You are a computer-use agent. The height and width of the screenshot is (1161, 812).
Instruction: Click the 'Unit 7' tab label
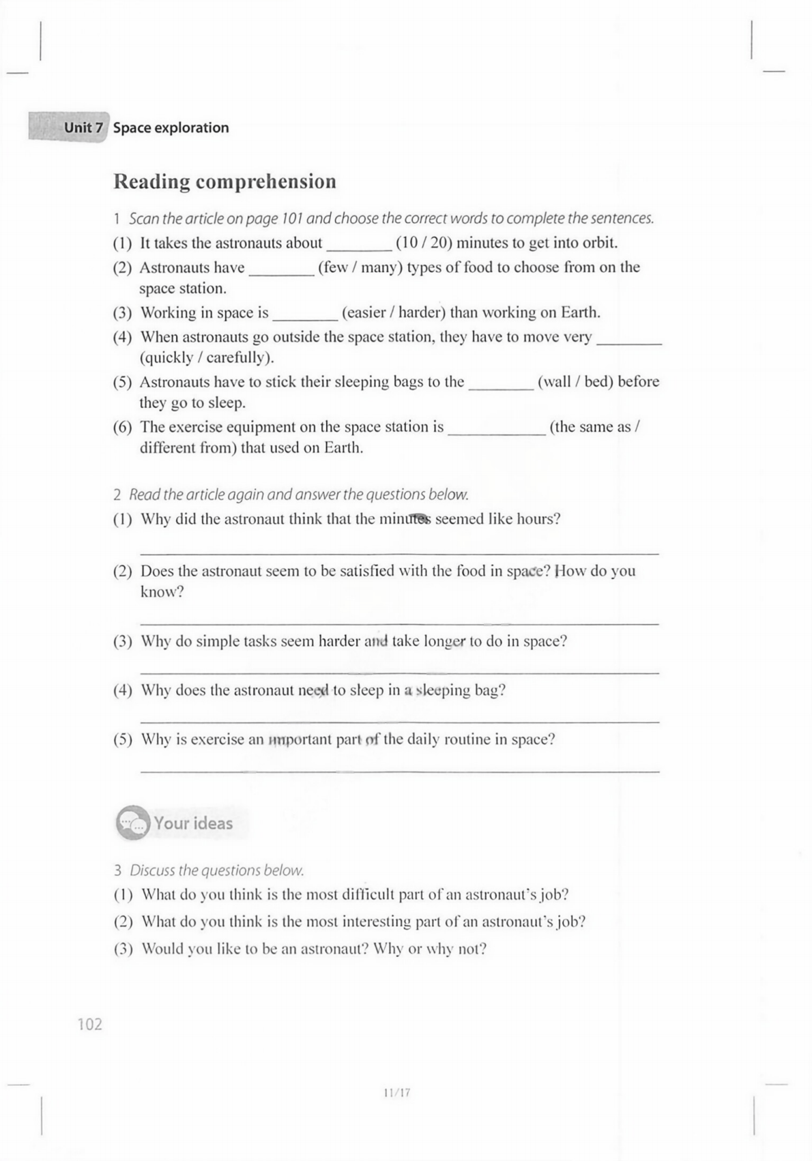coord(83,128)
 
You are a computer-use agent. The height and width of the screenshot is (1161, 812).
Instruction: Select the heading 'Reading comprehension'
coord(224,181)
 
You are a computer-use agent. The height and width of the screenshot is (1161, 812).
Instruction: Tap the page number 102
coord(90,1024)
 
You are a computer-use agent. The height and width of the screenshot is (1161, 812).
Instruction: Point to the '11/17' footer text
coord(396,1092)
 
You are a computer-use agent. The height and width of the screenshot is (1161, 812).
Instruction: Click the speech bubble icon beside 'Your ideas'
coord(132,823)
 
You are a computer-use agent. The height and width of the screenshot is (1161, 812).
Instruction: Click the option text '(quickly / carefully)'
coord(207,357)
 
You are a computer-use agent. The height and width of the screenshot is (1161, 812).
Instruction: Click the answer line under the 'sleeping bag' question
coord(399,721)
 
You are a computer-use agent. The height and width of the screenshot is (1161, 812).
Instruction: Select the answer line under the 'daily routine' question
coord(399,771)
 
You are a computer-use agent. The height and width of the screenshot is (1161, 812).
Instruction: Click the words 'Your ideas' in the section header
coord(193,823)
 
